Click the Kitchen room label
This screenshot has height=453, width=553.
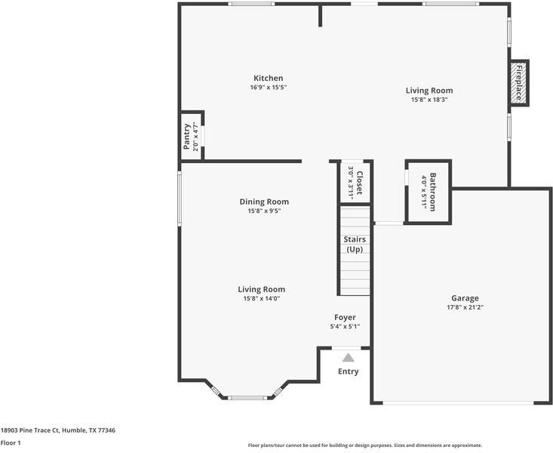[x=268, y=78]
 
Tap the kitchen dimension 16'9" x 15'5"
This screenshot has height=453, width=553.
[x=268, y=88]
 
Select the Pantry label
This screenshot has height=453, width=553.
[x=187, y=137]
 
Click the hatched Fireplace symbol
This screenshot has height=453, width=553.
[x=519, y=82]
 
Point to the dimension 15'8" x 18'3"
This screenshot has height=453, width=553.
[x=432, y=100]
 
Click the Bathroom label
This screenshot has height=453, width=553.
[x=433, y=192]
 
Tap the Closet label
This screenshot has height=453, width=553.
[x=360, y=183]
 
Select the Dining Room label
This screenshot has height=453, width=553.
[x=264, y=202]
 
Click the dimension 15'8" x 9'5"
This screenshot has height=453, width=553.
[x=264, y=211]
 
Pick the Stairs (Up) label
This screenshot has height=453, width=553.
[x=355, y=244]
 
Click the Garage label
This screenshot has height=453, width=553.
[x=465, y=298]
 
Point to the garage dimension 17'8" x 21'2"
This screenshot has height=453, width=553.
[x=465, y=308]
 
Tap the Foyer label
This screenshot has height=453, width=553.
[x=345, y=317]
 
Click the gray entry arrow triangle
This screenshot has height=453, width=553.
[x=348, y=358]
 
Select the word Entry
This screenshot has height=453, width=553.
[x=348, y=371]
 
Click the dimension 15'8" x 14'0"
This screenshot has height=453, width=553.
[x=261, y=299]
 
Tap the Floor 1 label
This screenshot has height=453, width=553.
[x=11, y=443]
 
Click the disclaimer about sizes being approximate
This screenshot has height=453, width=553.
[x=364, y=445]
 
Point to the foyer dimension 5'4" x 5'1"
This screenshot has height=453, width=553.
[x=345, y=327]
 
